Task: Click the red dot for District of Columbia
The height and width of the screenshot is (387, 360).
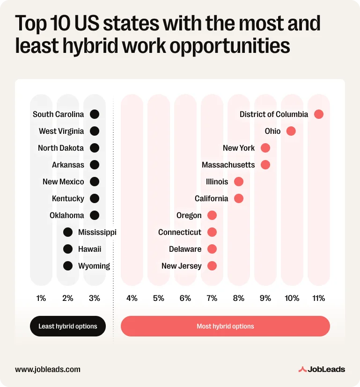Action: tap(319, 114)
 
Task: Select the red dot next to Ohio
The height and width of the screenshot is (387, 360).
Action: tap(291, 131)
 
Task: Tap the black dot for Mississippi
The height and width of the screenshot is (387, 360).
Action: tap(68, 232)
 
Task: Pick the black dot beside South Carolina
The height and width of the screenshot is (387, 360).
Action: tap(95, 114)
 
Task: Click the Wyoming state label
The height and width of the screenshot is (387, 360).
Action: tap(94, 266)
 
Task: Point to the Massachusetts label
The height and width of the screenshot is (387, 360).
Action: tap(228, 165)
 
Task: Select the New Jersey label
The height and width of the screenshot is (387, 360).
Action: tap(181, 266)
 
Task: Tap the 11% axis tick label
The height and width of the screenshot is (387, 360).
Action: tap(319, 298)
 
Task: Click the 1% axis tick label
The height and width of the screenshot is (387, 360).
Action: tap(41, 298)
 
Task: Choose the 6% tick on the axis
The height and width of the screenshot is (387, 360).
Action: tap(185, 298)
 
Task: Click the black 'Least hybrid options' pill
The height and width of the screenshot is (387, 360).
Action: tap(68, 326)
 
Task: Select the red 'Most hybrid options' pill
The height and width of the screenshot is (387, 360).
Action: tap(225, 326)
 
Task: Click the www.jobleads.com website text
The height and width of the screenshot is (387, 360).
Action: tap(48, 369)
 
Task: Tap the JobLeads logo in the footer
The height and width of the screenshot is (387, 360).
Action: tap(322, 369)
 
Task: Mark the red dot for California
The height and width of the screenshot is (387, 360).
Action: tap(238, 198)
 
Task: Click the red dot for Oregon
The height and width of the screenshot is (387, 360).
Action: tap(212, 215)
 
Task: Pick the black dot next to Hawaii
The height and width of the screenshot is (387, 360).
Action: tap(68, 249)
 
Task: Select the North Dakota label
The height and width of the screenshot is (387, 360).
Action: tap(61, 148)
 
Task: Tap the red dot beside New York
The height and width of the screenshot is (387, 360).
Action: tap(265, 148)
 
